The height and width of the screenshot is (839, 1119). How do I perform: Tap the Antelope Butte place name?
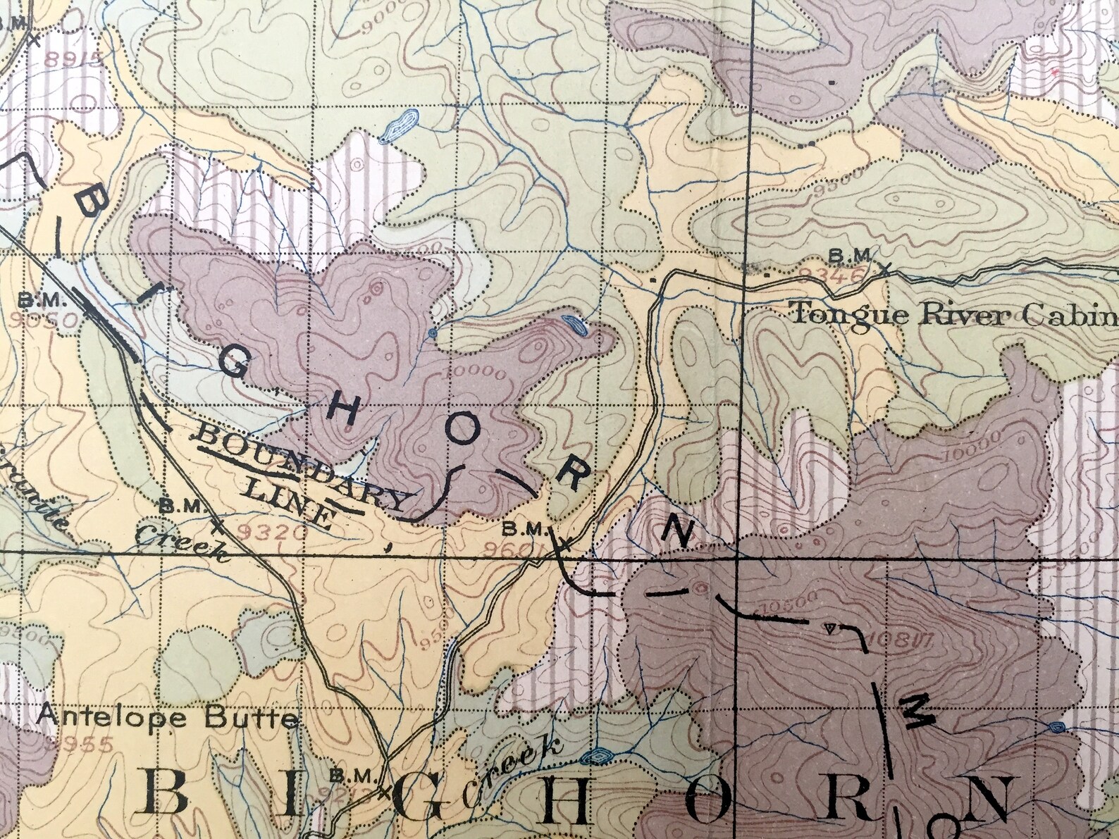click(x=168, y=717)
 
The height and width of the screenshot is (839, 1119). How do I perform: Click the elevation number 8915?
click(x=73, y=58)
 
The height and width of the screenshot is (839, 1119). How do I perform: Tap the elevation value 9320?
click(x=273, y=533)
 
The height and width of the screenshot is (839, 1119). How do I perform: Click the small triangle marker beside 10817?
click(x=831, y=627)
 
